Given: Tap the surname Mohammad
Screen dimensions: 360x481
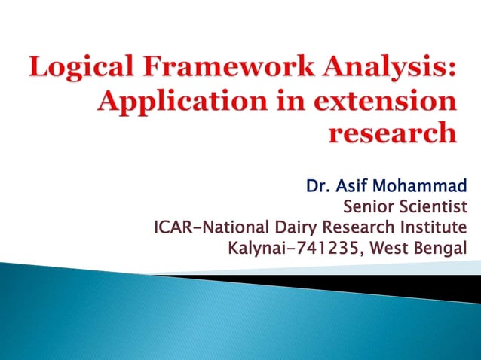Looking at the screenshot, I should click(421, 185).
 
